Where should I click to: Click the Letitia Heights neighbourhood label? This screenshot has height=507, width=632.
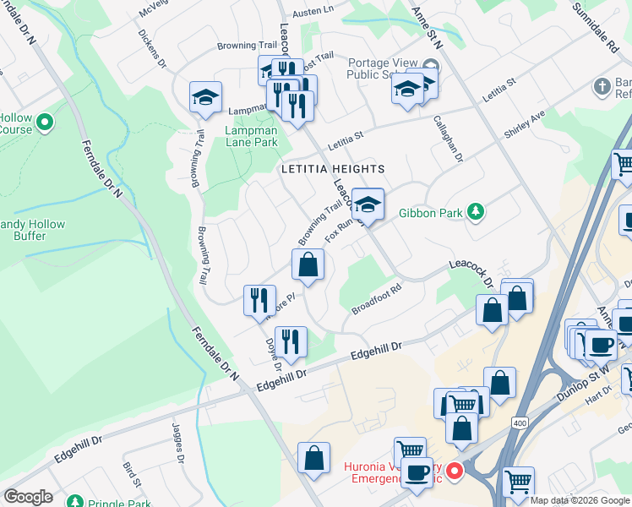pyautogui.click(x=333, y=169)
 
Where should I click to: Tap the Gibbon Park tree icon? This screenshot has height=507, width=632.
pyautogui.click(x=476, y=211)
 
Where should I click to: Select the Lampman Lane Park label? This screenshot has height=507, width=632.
pyautogui.click(x=251, y=137)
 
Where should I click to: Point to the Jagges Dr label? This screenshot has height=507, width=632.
pyautogui.click(x=179, y=443)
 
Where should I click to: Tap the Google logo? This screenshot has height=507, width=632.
pyautogui.click(x=28, y=497)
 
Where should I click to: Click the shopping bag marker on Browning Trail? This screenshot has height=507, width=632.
pyautogui.click(x=308, y=265)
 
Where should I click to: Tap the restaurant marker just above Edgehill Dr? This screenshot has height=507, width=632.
pyautogui.click(x=291, y=342)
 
